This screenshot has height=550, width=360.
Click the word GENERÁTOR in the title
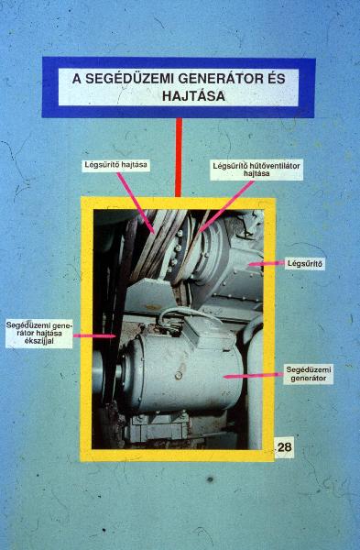pyautogui.click(x=219, y=78)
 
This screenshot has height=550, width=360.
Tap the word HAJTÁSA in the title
pyautogui.click(x=193, y=95)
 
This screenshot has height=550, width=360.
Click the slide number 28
pyautogui.click(x=284, y=447)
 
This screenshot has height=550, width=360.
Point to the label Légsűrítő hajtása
pyautogui.click(x=116, y=165)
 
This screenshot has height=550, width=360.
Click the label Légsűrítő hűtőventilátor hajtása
pyautogui.click(x=256, y=170)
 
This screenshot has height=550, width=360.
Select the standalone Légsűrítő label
pyautogui.click(x=304, y=263)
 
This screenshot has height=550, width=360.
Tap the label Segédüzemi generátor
pyautogui.click(x=309, y=374)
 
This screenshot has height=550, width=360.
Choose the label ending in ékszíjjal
pyautogui.click(x=38, y=333)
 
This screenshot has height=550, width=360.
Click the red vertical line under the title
pyautogui.click(x=179, y=157)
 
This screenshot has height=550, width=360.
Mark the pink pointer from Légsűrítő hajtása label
pyautogui.click(x=136, y=203)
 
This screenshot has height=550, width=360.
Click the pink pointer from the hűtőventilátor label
pyautogui.click(x=225, y=206)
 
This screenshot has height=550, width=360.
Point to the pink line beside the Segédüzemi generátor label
pyautogui.click(x=254, y=376)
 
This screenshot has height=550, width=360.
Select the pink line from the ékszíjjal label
pyautogui.click(x=94, y=336)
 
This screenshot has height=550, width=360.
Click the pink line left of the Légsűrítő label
pyautogui.click(x=267, y=263)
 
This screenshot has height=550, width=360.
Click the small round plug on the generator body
pyautogui.click(x=179, y=376)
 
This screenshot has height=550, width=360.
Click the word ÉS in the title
pyautogui.click(x=277, y=78)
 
